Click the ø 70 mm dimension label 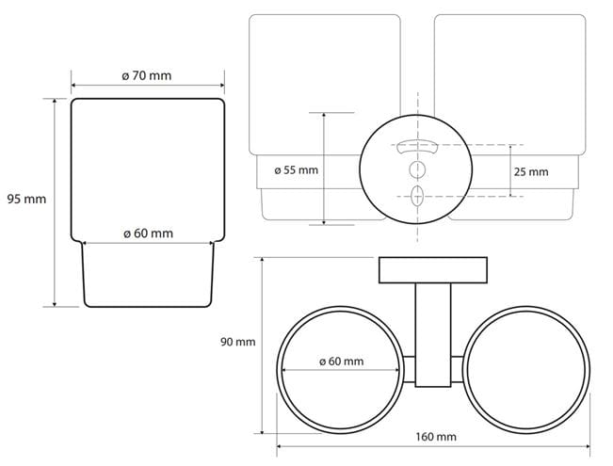tap(147, 75)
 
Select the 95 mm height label tap(26, 199)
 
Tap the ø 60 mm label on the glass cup tap(148, 233)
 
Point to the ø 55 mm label tap(297, 170)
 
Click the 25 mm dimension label tap(531, 171)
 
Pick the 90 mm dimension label tap(237, 342)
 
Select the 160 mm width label tap(436, 436)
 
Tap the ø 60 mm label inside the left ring tap(341, 362)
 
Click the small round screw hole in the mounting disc tap(417, 169)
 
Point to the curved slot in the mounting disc tap(417, 146)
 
